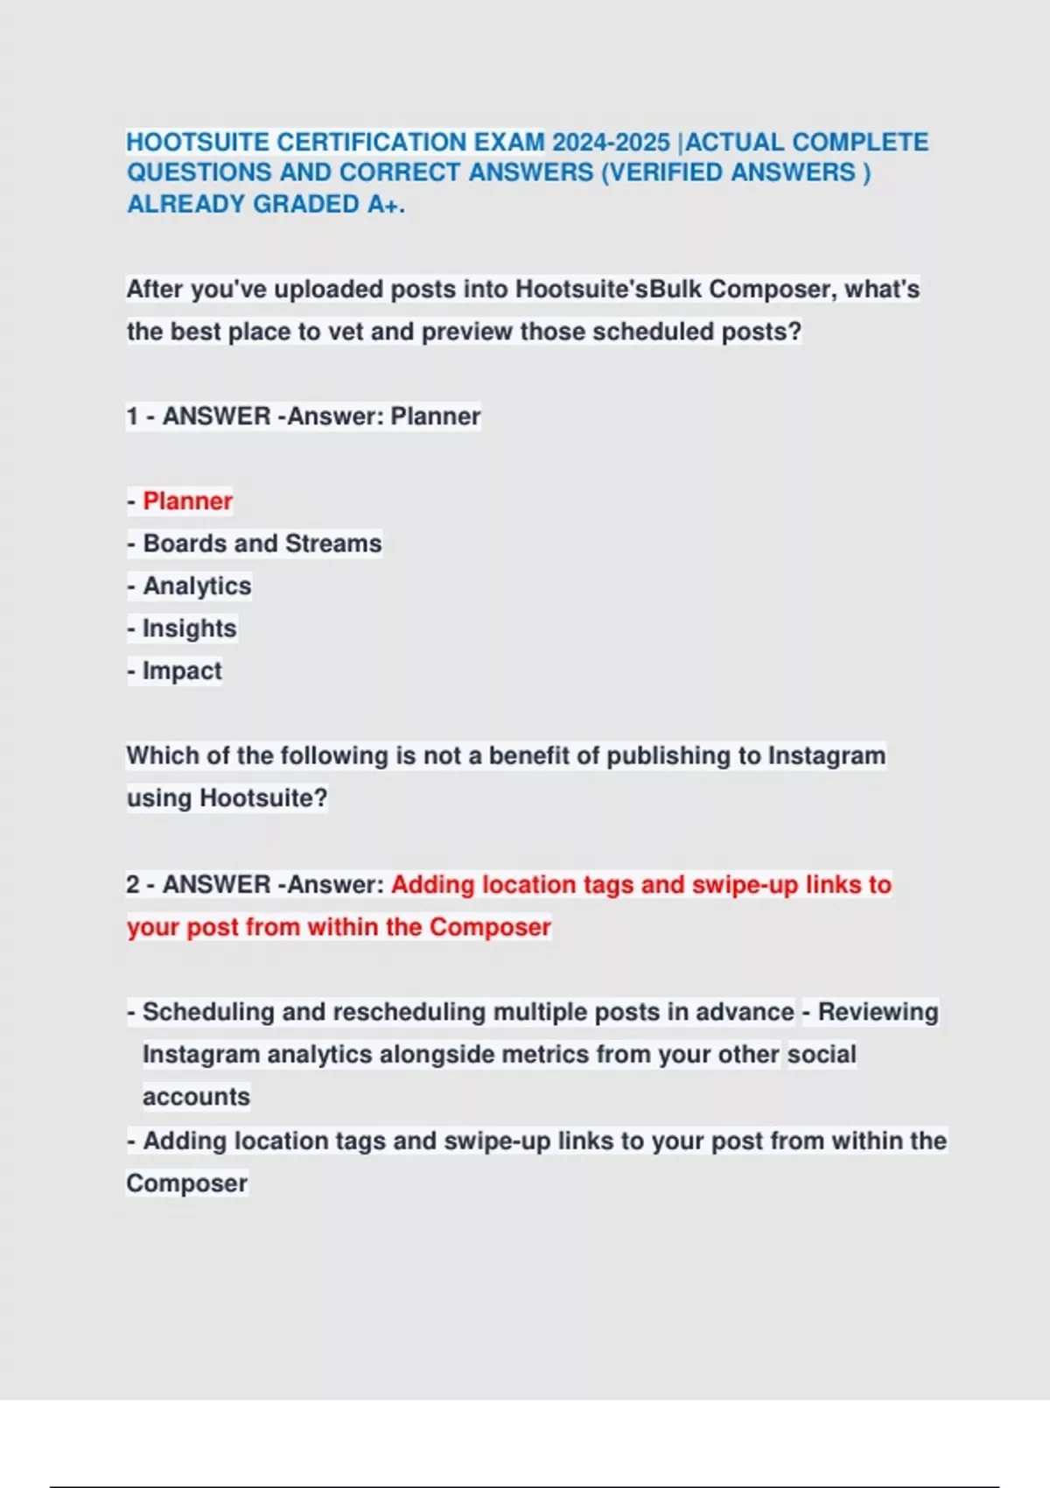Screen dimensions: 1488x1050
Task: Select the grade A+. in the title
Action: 386,204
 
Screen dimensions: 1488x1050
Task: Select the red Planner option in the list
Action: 187,501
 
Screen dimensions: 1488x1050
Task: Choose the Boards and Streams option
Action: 262,544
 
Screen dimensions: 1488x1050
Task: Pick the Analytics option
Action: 197,586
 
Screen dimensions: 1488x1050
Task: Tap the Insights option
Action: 189,628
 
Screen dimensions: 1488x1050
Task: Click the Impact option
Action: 182,670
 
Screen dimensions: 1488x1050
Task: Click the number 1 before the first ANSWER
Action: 132,416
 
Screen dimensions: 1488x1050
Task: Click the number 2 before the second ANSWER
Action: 133,884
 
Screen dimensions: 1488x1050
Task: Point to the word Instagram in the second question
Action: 826,755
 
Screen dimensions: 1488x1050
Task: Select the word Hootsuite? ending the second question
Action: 263,798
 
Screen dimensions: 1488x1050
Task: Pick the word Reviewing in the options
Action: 878,1012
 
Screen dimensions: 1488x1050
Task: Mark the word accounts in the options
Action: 196,1097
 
